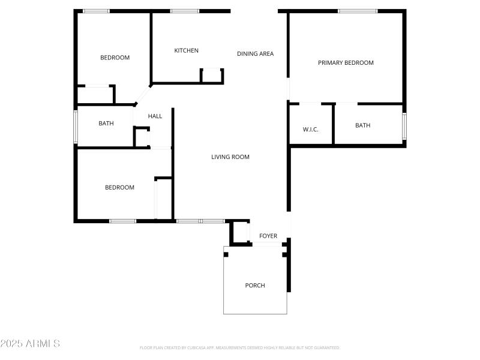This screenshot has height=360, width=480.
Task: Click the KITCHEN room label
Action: [186, 50]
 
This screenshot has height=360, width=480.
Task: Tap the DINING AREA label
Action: [255, 54]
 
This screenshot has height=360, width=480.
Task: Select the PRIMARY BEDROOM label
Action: [346, 63]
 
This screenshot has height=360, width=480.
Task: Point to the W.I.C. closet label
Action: [310, 128]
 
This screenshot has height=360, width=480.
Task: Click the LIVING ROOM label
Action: [230, 157]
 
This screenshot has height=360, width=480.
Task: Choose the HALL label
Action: [155, 116]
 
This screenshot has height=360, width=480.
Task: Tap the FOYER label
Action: [268, 236]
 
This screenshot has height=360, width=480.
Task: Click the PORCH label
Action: [255, 286]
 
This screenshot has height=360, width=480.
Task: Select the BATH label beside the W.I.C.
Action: [362, 125]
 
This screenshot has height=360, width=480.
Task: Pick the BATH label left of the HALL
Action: [106, 124]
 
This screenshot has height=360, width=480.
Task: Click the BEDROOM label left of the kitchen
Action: [115, 58]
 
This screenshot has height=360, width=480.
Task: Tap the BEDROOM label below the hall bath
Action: [119, 188]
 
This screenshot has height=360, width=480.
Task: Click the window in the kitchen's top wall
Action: [184, 11]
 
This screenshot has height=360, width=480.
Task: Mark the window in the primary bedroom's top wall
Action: [358, 11]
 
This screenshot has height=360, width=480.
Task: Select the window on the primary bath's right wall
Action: [404, 126]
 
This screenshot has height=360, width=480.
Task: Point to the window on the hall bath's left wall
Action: [76, 126]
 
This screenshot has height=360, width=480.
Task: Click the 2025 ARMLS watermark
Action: [30, 344]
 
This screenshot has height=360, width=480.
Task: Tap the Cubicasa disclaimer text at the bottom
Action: [239, 348]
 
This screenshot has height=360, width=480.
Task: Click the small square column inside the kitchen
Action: [211, 75]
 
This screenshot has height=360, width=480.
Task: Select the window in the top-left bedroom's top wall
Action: [96, 11]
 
